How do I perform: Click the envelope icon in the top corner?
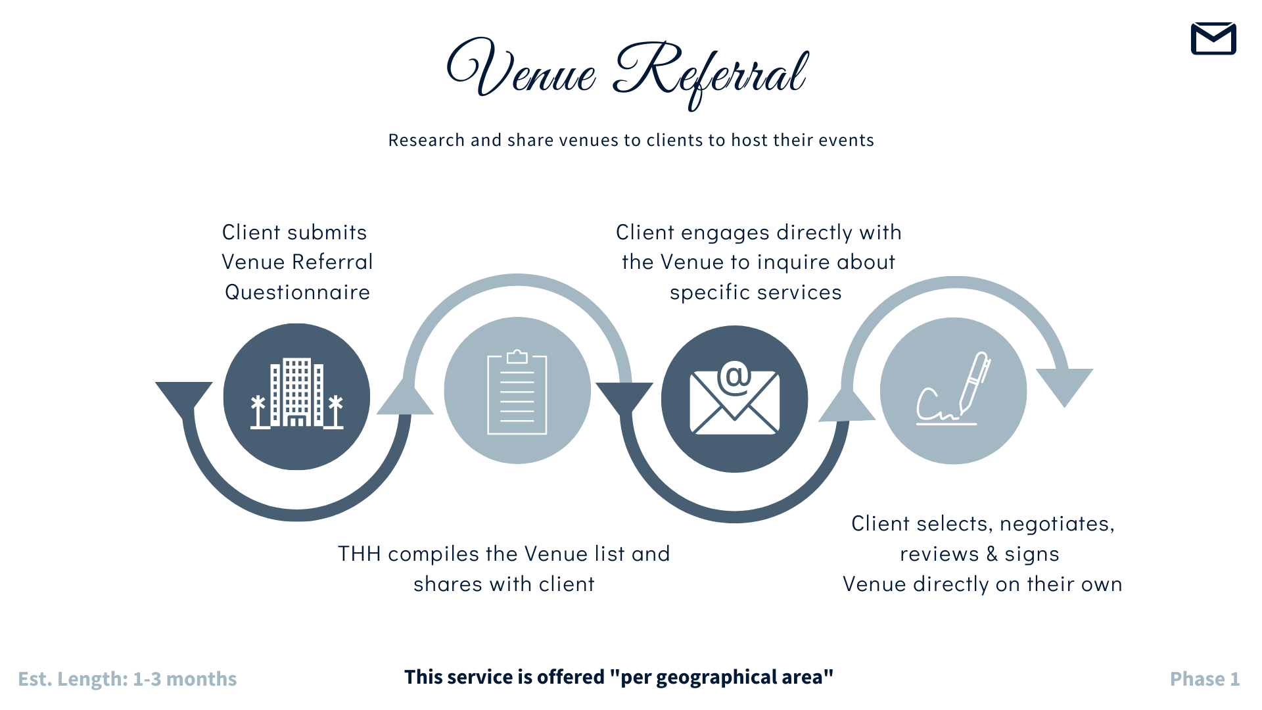(1213, 39)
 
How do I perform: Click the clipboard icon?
(517, 392)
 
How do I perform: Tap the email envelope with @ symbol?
(734, 399)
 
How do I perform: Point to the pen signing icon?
(954, 390)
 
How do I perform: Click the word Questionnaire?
(298, 293)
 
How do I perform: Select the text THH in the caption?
(360, 554)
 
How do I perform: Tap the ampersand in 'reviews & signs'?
(991, 554)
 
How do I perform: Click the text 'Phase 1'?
(1204, 679)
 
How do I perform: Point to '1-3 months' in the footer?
(185, 679)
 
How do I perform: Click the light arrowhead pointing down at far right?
(1064, 385)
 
